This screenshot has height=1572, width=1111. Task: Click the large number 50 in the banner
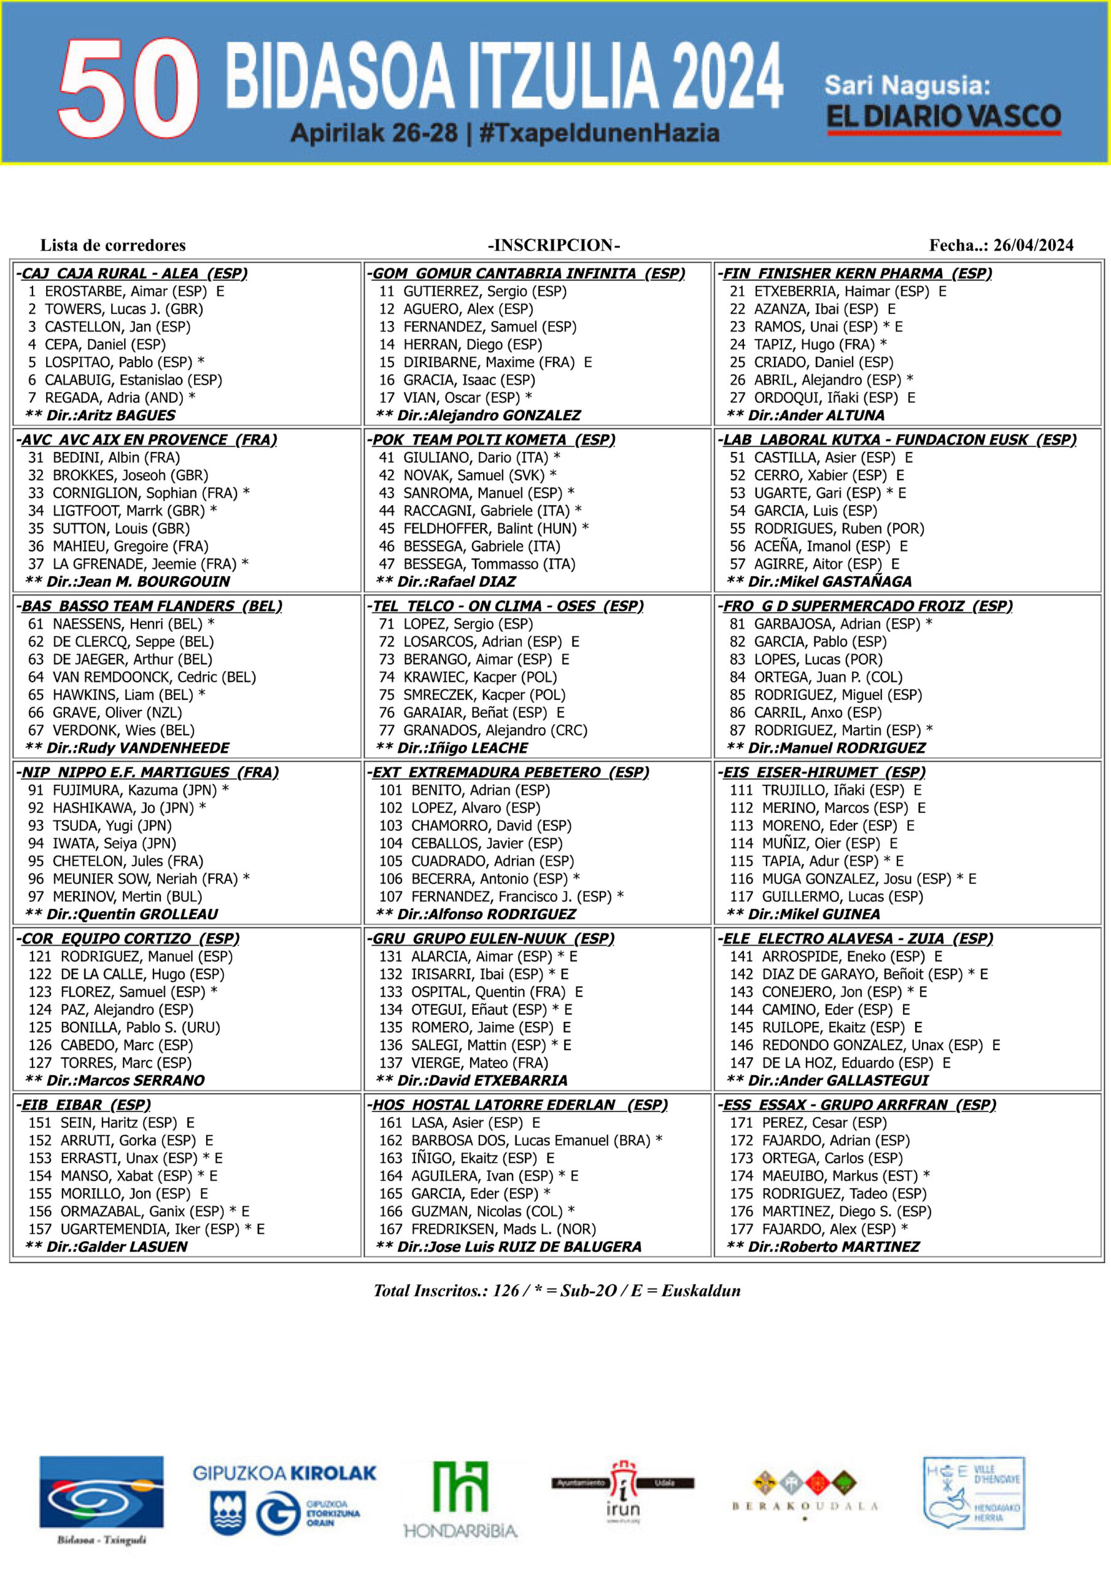pyautogui.click(x=129, y=88)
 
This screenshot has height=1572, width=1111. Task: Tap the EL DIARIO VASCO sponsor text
pyautogui.click(x=943, y=117)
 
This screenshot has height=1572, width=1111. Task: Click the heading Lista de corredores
pyautogui.click(x=113, y=245)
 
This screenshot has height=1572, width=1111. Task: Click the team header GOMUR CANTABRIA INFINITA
pyautogui.click(x=528, y=273)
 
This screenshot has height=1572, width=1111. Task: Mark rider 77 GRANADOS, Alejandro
pyautogui.click(x=482, y=730)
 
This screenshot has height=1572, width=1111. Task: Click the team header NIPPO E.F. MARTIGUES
pyautogui.click(x=147, y=772)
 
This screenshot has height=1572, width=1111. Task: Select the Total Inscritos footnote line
pyautogui.click(x=557, y=1290)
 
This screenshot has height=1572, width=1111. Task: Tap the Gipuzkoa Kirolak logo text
pyautogui.click(x=284, y=1473)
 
